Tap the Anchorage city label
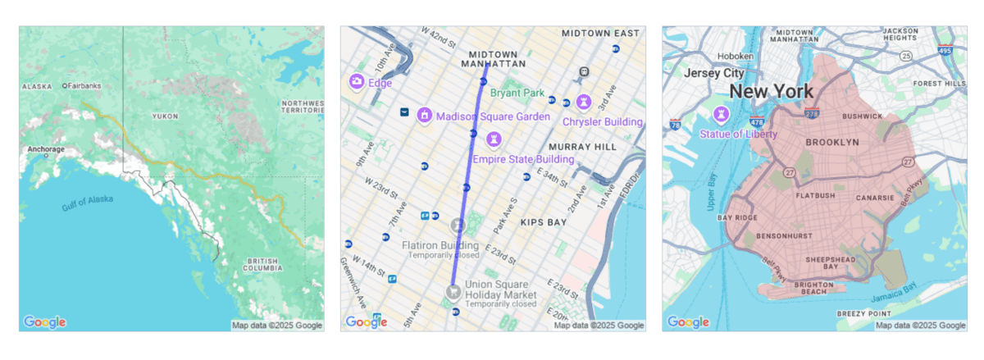click(x=45, y=149)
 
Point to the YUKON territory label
click(x=165, y=116)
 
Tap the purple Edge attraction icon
click(x=357, y=82)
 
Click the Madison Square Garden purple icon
click(x=425, y=116)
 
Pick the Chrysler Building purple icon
click(x=583, y=102)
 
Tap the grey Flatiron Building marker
click(x=457, y=224)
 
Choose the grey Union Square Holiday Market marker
click(x=452, y=291)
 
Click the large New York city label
click(x=772, y=91)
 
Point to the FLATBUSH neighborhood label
click(x=814, y=195)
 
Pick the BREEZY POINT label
click(x=863, y=313)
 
